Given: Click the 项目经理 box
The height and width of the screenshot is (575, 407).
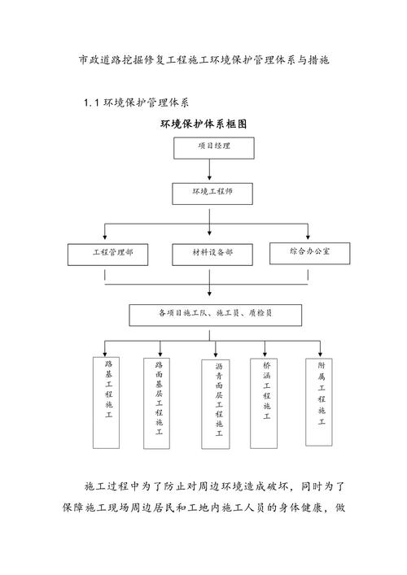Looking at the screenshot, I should click(214, 147).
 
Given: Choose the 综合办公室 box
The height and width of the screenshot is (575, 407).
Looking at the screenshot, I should click(309, 252).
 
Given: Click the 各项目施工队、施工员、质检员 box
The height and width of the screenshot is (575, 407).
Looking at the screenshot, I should click(216, 314).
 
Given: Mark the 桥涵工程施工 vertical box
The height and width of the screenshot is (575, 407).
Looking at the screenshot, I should click(266, 400).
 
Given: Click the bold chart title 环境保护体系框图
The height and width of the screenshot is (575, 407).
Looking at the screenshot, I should click(203, 124).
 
